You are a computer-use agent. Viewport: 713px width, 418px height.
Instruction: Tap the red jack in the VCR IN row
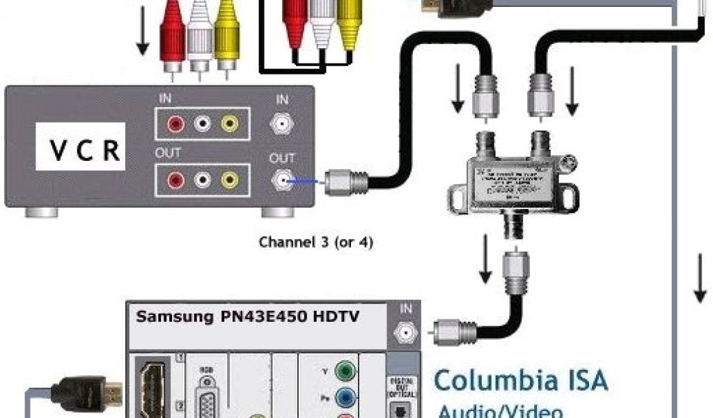[175, 124]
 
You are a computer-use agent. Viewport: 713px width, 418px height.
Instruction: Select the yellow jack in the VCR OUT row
[229, 180]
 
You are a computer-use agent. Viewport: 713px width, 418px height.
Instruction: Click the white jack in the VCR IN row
[202, 124]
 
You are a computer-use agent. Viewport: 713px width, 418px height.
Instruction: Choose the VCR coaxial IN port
[281, 124]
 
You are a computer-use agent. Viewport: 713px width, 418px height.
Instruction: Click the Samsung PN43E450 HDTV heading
[248, 316]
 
